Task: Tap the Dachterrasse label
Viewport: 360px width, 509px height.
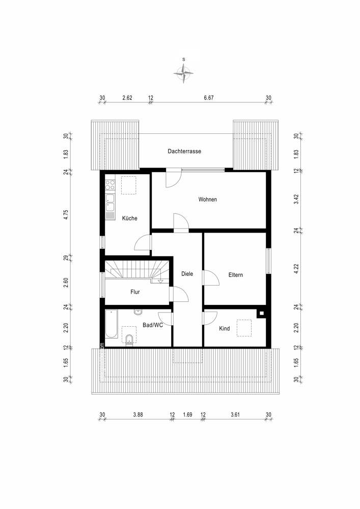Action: pos(184,151)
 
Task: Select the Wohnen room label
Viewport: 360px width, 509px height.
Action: pos(208,200)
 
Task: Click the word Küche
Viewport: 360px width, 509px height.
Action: pos(129,218)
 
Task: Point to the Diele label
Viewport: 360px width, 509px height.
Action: pos(187,274)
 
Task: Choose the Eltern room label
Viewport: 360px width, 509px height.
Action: pos(235,275)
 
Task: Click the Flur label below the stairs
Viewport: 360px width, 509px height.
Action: pos(135,292)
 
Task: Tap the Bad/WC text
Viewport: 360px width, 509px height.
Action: pos(153,325)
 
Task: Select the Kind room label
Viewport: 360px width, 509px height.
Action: pos(224,329)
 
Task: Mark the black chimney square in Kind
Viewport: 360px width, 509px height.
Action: pos(261,314)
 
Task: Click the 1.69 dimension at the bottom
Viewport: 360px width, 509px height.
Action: pos(187,415)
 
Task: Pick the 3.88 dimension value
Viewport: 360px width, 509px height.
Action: pos(137,415)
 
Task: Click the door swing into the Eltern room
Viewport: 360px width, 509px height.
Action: pos(210,278)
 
